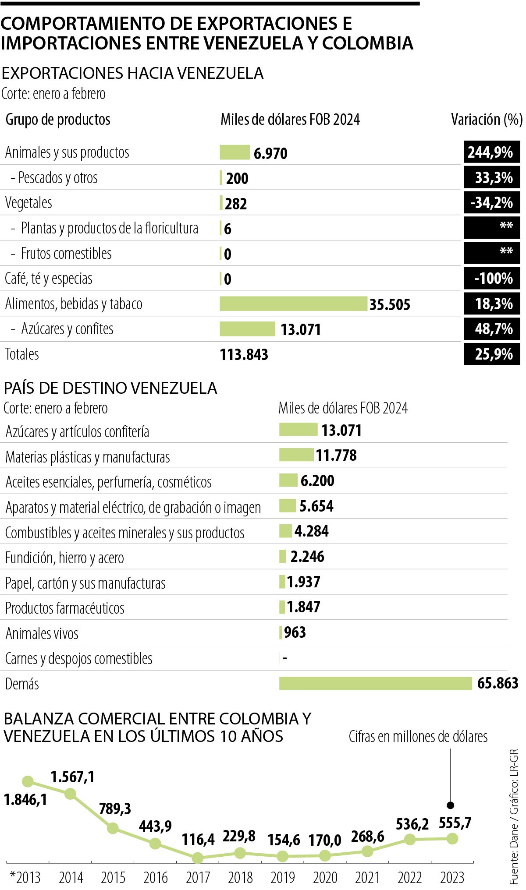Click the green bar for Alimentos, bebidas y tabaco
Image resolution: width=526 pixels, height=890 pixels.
(x=293, y=304)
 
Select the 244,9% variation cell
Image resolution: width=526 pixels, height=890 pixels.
(x=491, y=152)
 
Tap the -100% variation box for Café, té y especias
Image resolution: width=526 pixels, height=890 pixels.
(x=491, y=278)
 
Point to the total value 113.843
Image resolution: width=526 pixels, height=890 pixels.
(x=244, y=354)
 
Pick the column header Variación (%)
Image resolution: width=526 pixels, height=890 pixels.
(x=487, y=119)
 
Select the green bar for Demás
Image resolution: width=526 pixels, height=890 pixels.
(x=375, y=683)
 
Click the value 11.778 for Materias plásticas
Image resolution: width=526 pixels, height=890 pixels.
(x=336, y=456)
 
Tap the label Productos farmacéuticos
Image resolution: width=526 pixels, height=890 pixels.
(x=65, y=608)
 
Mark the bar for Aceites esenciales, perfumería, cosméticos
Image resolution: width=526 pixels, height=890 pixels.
(x=288, y=480)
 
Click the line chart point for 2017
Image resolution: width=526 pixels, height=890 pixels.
(x=198, y=857)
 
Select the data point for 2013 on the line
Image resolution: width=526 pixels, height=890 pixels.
(x=28, y=781)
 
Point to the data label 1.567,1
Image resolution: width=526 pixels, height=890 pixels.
(x=72, y=777)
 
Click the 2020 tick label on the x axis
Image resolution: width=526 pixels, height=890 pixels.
(x=325, y=877)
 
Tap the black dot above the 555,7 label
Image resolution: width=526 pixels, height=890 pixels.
(x=450, y=805)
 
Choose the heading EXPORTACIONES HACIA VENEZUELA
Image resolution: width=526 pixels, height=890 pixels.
(x=133, y=73)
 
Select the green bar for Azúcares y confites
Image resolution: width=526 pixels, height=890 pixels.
(x=247, y=329)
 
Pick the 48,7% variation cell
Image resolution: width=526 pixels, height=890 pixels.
(x=491, y=329)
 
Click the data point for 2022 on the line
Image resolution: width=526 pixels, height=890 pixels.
(x=410, y=839)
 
